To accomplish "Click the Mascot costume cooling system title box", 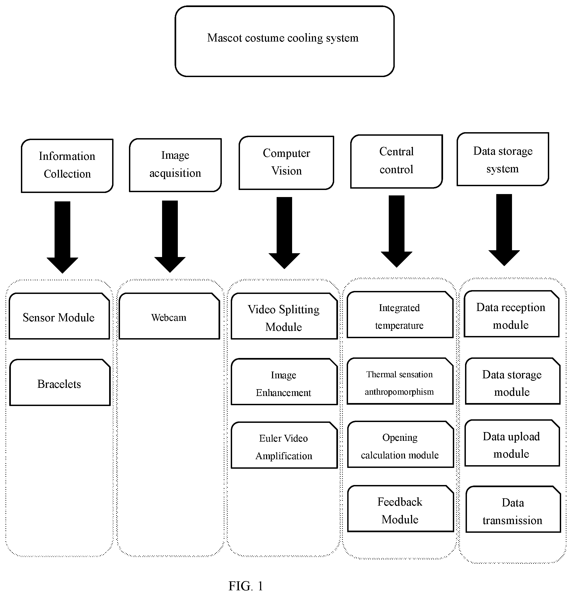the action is click(x=284, y=41).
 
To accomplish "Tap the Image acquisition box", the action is click(x=175, y=165).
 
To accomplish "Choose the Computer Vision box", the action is click(x=286, y=163).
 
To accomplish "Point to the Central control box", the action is click(x=396, y=161).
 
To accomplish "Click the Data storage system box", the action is click(x=503, y=159).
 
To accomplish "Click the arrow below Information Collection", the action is click(x=62, y=237).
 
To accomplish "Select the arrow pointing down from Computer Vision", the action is click(x=284, y=233).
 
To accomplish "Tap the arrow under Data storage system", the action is click(x=504, y=230).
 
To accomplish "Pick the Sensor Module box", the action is click(x=59, y=316).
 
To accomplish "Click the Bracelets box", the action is click(x=60, y=382).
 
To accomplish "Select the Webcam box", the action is click(x=169, y=316).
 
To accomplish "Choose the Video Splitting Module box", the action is click(x=284, y=316).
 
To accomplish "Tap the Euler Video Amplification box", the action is click(x=284, y=445).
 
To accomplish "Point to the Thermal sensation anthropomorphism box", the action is click(x=400, y=381).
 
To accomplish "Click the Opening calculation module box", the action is click(x=400, y=444).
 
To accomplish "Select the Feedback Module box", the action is click(x=400, y=508).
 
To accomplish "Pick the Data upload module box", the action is click(x=512, y=443).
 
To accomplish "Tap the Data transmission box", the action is click(x=513, y=509).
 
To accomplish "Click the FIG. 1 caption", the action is click(x=246, y=586).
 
